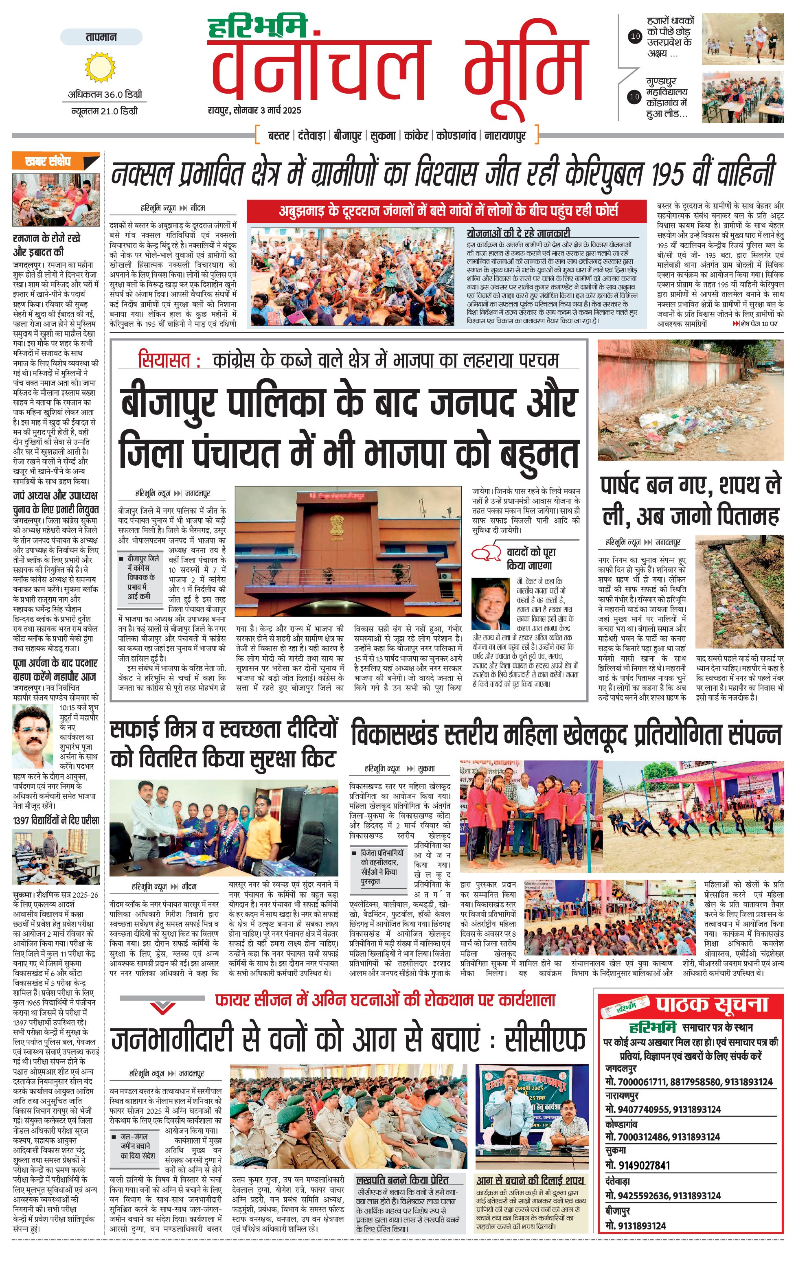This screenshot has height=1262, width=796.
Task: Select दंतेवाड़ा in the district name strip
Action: [x=312, y=136]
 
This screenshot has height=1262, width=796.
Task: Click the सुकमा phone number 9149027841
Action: [x=637, y=1166]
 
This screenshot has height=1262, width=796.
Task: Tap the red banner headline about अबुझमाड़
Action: [x=448, y=211]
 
